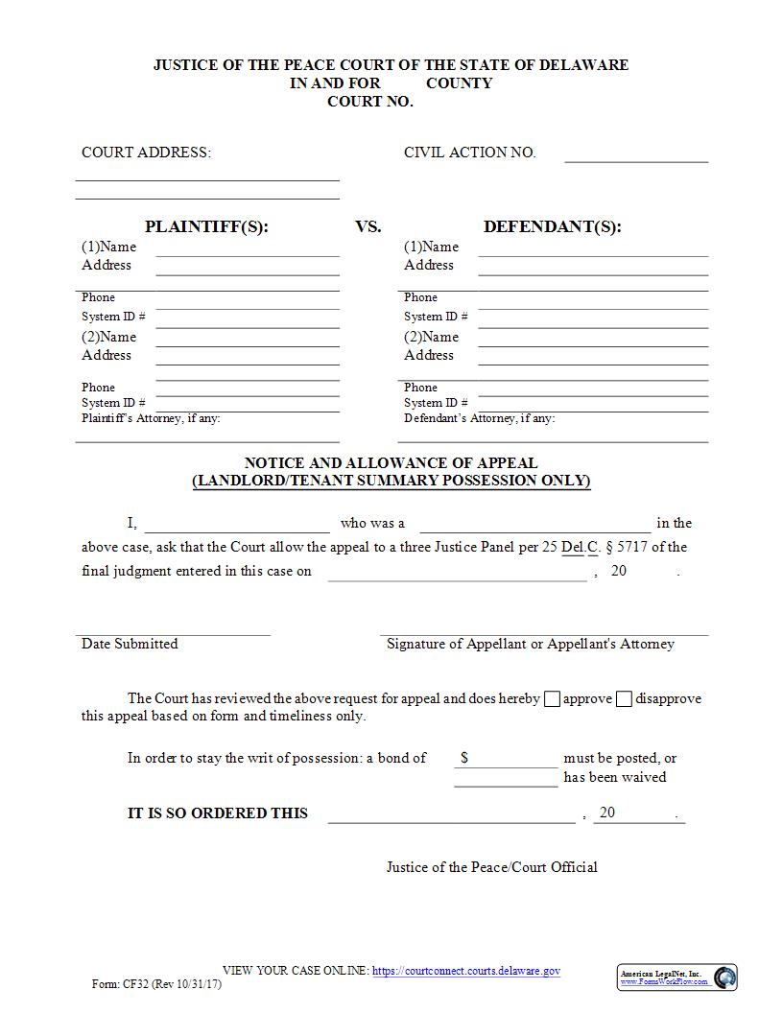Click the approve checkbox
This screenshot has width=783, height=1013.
(x=552, y=699)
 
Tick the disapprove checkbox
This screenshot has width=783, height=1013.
(x=624, y=699)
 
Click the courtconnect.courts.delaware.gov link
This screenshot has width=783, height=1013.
(x=465, y=971)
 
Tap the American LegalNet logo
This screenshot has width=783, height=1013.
(x=676, y=977)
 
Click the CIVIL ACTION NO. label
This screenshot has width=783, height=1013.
(x=469, y=153)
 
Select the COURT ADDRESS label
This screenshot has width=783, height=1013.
(x=146, y=153)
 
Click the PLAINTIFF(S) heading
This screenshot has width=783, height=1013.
(x=206, y=227)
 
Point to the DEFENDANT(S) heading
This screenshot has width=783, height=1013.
(x=552, y=227)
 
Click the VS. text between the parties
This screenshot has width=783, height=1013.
(x=368, y=227)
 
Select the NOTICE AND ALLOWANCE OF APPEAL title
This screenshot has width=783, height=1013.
(x=391, y=462)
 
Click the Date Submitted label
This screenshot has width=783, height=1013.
(x=130, y=644)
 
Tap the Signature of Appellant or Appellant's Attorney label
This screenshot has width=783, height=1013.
(x=530, y=644)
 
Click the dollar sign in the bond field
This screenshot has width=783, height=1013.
(x=464, y=758)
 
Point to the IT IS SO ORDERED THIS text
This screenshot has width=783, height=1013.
(x=218, y=813)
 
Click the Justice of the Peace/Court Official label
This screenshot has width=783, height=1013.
(x=491, y=867)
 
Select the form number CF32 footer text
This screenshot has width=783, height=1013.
(x=155, y=984)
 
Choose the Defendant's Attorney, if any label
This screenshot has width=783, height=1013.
(x=479, y=418)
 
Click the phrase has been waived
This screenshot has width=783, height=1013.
(x=614, y=777)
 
